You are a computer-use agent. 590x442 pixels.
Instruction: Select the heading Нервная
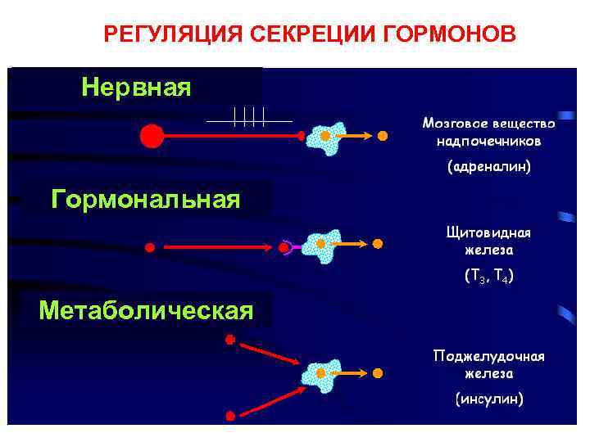tap(136, 87)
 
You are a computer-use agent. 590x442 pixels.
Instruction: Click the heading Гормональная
tap(146, 199)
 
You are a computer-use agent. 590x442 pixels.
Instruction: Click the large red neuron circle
tap(152, 135)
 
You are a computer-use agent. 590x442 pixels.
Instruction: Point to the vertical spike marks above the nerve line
tap(249, 117)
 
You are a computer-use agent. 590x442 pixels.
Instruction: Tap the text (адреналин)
tap(488, 167)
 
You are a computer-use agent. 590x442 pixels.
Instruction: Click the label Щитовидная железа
tap(488, 241)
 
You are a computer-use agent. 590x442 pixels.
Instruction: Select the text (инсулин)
tap(488, 399)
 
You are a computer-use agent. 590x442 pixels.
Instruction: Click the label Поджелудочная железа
tap(488, 364)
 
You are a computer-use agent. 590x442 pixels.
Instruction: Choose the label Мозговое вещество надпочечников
tap(488, 132)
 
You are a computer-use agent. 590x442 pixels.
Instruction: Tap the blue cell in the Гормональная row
tap(320, 244)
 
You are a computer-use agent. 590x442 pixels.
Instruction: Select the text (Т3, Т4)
tap(488, 277)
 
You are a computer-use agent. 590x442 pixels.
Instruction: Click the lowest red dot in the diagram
tap(230, 416)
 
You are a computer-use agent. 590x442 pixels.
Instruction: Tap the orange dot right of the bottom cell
tap(378, 373)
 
